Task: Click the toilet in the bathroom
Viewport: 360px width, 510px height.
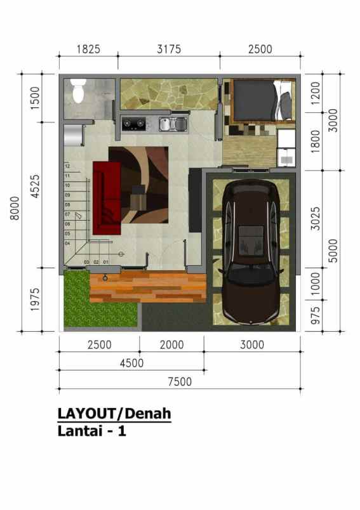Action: point(79,91)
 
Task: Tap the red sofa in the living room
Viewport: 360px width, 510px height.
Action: point(106,197)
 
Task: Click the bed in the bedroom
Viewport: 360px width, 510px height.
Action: point(260,100)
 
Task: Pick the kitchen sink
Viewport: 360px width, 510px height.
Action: point(173,122)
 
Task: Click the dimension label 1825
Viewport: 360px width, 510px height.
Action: point(88,49)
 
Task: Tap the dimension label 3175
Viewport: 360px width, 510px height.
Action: point(169,49)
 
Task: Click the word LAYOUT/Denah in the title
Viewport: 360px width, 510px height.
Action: point(114,414)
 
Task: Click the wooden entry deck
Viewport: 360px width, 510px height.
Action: point(149,287)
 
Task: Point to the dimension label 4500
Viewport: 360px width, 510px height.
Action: point(131,363)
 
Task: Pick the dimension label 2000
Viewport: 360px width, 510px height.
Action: point(171,345)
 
